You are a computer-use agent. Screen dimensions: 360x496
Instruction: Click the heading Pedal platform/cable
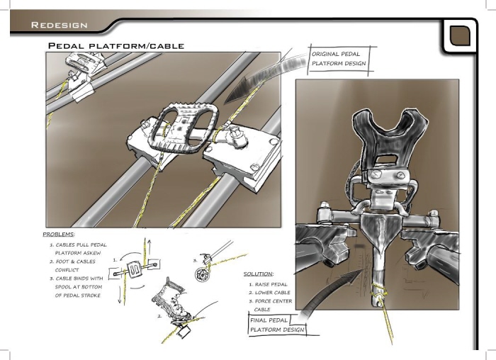115,46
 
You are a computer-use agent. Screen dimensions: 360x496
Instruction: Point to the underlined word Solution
259,274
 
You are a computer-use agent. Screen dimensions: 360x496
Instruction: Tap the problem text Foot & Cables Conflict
75,266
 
